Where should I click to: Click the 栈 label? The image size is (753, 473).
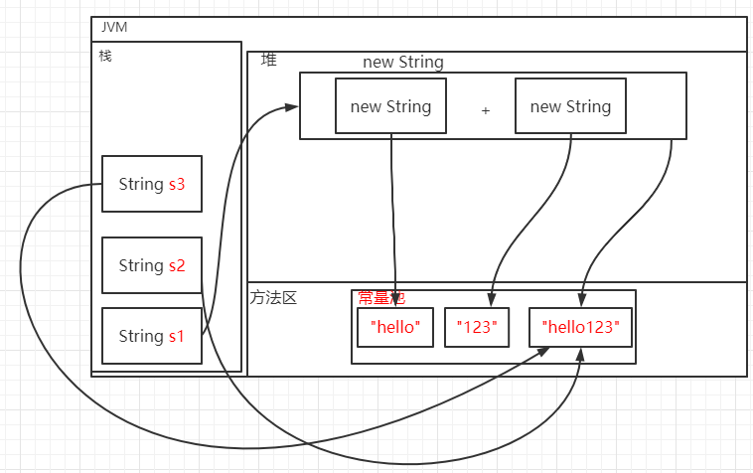click(104, 56)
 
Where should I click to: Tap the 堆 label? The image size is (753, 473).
click(268, 61)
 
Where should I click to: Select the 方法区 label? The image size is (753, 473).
click(273, 297)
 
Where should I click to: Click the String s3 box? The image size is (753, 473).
click(152, 184)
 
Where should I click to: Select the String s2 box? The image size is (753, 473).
click(152, 265)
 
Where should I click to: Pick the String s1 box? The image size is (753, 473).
click(152, 336)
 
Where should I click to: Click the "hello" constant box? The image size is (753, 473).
click(395, 326)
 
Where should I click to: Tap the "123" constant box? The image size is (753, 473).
click(476, 326)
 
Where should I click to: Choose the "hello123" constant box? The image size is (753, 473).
click(580, 326)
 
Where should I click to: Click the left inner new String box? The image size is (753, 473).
click(390, 106)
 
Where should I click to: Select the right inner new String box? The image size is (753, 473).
click(570, 106)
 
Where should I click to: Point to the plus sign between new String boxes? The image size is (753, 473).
click(486, 110)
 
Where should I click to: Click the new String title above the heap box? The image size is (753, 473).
click(403, 62)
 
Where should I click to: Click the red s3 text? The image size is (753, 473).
click(177, 184)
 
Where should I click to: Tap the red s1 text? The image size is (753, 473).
click(176, 336)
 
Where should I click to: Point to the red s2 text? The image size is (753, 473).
click(177, 265)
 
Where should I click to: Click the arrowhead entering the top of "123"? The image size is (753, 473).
click(490, 300)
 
